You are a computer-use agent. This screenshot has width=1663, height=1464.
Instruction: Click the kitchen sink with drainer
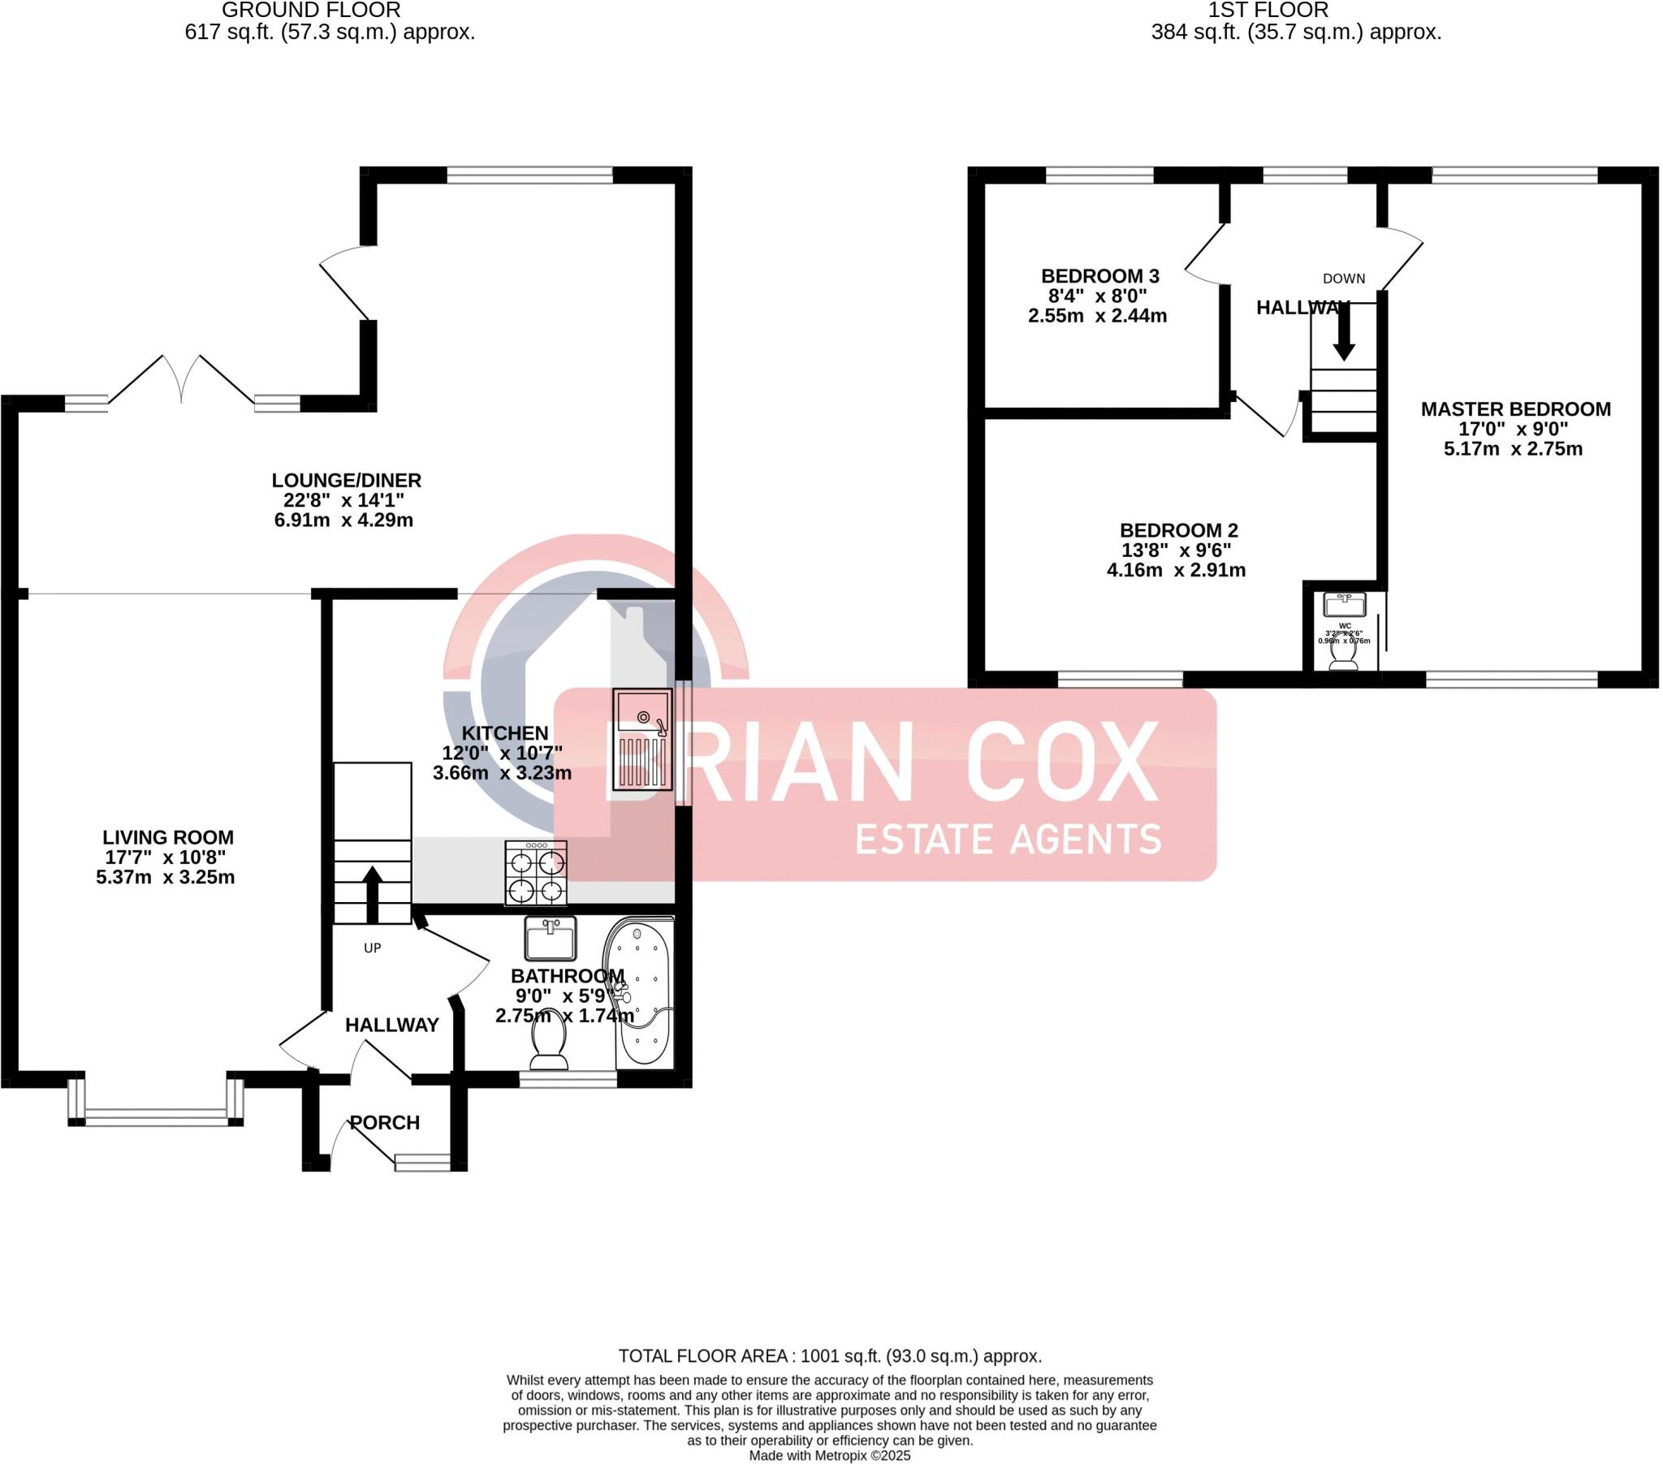point(642,739)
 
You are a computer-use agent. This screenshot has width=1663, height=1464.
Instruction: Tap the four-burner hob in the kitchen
point(535,872)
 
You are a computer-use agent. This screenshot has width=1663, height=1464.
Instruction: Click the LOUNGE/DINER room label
point(347,480)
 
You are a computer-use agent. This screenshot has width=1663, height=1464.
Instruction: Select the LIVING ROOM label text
point(167,837)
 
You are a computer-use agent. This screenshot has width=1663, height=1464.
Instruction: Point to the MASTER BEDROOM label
point(1515,409)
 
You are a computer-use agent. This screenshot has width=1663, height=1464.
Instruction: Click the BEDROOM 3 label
point(1099,276)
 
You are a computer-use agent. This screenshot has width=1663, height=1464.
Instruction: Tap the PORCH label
point(385,1123)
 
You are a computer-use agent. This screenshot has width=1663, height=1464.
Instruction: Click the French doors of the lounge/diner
point(181,381)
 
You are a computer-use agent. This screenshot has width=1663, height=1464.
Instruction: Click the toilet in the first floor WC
point(1342,658)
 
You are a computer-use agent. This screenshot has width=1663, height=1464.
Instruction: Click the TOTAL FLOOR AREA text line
point(830,1356)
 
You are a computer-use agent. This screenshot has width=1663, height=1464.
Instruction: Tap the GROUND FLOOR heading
point(311,11)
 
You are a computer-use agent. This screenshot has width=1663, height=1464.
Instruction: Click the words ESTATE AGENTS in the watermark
point(1007,839)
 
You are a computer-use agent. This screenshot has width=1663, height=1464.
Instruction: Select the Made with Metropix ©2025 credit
point(830,1456)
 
